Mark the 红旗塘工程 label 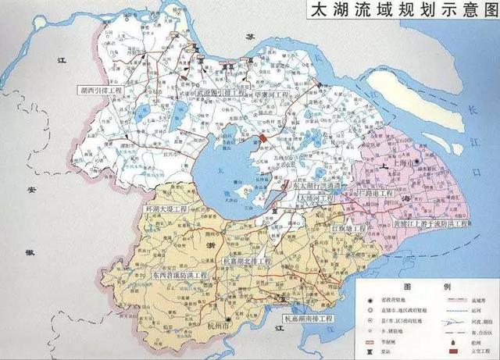pyautogui.click(x=348, y=229)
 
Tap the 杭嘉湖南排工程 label pyautogui.click(x=309, y=319)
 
